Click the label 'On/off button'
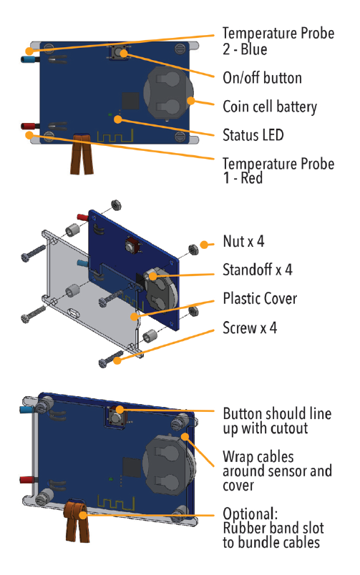(x=263, y=78)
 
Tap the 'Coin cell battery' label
(x=270, y=107)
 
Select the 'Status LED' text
(x=253, y=134)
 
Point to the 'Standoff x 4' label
(x=258, y=270)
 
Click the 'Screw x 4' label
(x=250, y=328)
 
